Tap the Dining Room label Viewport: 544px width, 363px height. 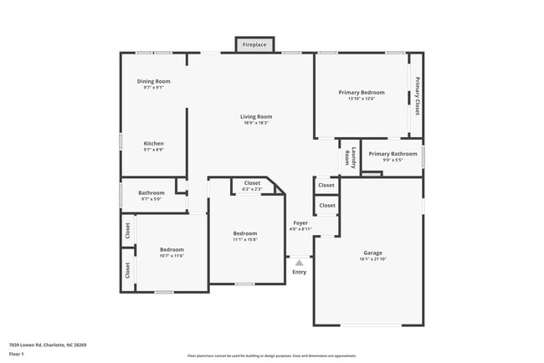coord(154,81)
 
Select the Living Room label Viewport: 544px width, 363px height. coord(256,116)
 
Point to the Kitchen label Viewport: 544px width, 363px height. coord(153,143)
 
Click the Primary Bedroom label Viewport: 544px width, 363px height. coord(362,92)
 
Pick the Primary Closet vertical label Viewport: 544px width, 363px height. coord(416,95)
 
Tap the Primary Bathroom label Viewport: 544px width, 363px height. coord(393,154)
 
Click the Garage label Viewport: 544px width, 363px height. coord(372,253)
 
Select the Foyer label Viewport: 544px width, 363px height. coord(300,222)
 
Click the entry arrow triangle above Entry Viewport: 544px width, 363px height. coord(299,263)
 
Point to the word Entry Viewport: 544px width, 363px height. coord(299,272)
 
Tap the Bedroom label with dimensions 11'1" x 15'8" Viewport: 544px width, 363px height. coord(245,233)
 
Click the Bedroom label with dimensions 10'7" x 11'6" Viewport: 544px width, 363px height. coord(172,249)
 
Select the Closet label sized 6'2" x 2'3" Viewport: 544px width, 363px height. coord(252,183)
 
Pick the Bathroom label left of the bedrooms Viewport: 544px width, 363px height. coord(151,193)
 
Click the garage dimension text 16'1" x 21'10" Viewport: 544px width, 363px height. coord(372,259)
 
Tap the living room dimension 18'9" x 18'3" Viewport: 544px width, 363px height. coord(256,123)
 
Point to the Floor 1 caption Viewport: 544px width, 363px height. coord(18,354)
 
